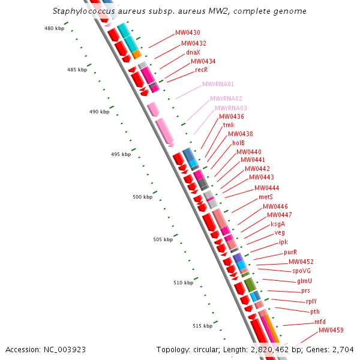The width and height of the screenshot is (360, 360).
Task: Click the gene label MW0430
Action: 188,32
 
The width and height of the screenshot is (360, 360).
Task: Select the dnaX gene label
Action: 193,52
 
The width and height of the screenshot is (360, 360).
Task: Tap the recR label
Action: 202,70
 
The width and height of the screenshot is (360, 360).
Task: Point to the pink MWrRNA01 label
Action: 218,85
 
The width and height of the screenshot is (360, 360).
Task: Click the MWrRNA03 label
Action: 231,108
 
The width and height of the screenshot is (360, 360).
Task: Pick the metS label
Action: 266,197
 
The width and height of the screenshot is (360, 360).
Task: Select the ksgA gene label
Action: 278,224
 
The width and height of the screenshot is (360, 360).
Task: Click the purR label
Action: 290,253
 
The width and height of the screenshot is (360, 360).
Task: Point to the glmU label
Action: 304,281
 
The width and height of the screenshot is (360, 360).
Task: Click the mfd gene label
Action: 320,322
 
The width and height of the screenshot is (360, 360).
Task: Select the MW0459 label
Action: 331,331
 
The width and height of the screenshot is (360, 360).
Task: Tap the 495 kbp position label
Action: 121,155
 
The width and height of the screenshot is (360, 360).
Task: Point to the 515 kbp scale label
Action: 202,326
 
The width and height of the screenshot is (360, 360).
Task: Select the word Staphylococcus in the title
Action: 82,11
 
